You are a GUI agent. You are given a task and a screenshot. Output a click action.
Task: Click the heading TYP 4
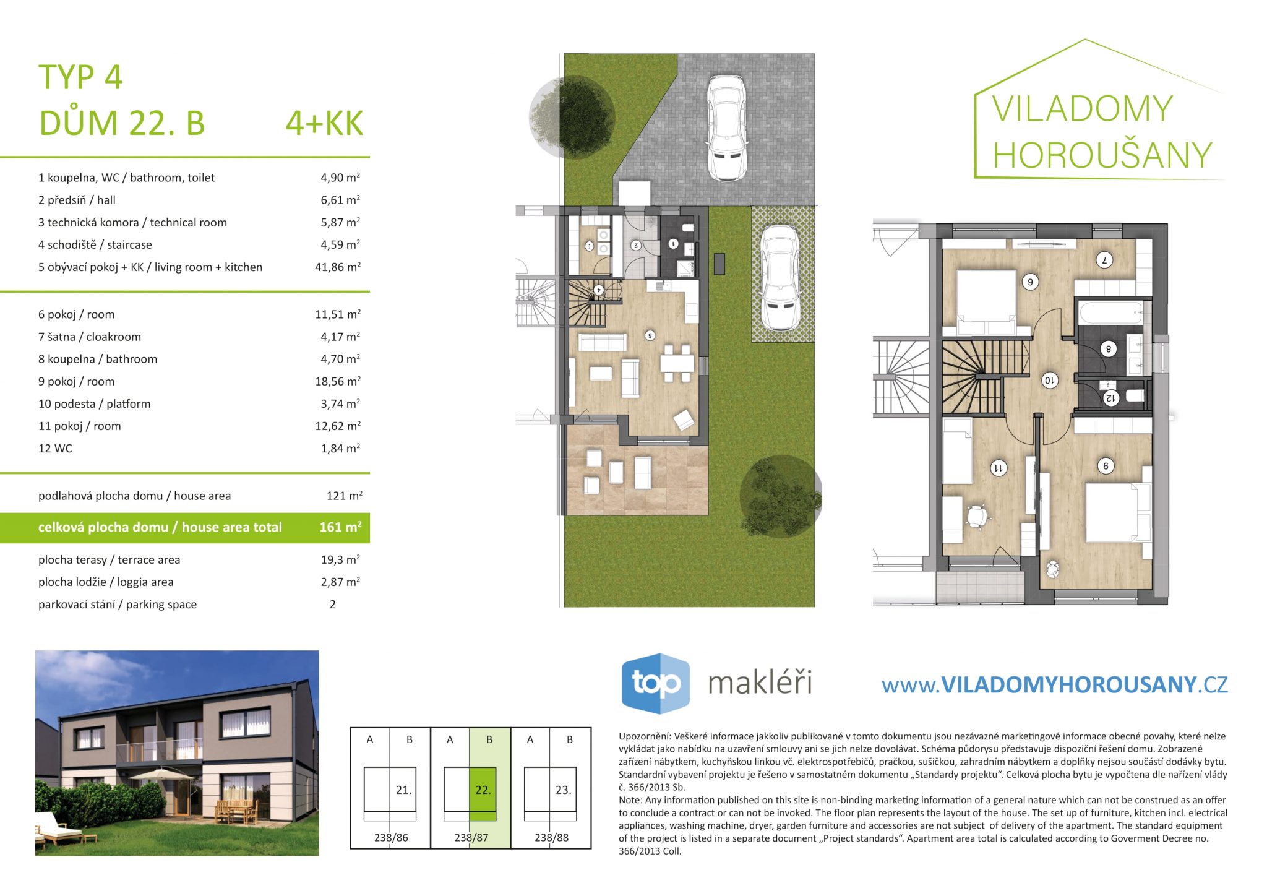80,78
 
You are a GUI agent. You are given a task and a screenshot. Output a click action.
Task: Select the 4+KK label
324,123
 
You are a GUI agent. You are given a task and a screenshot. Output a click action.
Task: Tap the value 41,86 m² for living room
338,267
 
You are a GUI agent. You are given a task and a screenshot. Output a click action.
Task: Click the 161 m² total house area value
340,527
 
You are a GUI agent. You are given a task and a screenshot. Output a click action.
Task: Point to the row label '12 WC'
55,449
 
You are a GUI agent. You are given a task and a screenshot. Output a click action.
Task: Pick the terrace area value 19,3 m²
340,559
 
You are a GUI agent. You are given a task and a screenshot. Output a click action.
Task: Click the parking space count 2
333,605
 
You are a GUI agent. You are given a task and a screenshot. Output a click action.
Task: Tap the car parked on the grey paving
727,128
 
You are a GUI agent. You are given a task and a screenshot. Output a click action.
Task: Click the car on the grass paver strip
780,278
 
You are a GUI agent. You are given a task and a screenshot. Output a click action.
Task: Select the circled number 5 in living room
650,335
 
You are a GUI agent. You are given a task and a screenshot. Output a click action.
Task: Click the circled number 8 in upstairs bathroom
1109,349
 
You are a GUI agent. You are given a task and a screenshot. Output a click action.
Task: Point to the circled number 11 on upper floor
998,468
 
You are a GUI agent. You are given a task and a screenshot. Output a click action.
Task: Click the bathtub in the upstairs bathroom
1111,313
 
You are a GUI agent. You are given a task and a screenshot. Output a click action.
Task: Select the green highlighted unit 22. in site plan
483,790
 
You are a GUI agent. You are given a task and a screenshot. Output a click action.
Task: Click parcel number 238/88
551,838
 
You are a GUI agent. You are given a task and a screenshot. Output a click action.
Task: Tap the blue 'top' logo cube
655,683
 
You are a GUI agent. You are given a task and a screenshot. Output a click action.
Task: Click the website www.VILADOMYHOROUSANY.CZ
1055,685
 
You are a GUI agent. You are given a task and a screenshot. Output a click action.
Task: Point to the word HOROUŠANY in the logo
1102,155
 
